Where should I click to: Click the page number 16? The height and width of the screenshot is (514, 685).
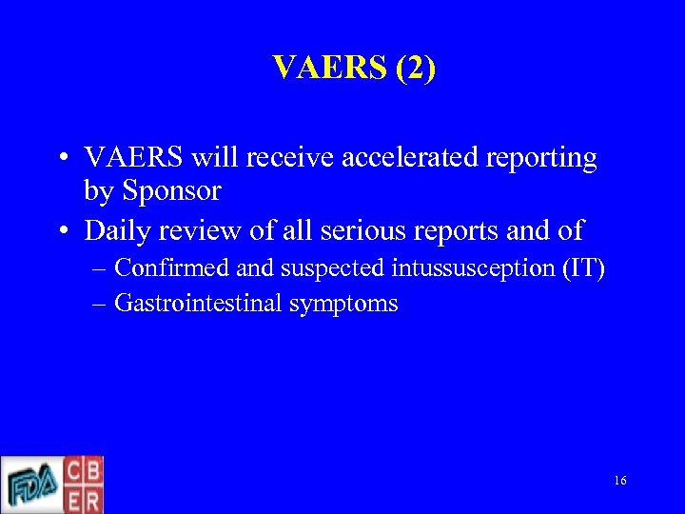[x=619, y=482]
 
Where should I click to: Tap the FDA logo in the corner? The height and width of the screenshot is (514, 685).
[x=30, y=485]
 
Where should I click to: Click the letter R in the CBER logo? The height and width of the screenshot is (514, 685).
[x=93, y=499]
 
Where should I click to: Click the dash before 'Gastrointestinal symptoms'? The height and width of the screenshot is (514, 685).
[x=101, y=305]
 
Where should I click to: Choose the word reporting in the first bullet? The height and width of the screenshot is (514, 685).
[x=543, y=158]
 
